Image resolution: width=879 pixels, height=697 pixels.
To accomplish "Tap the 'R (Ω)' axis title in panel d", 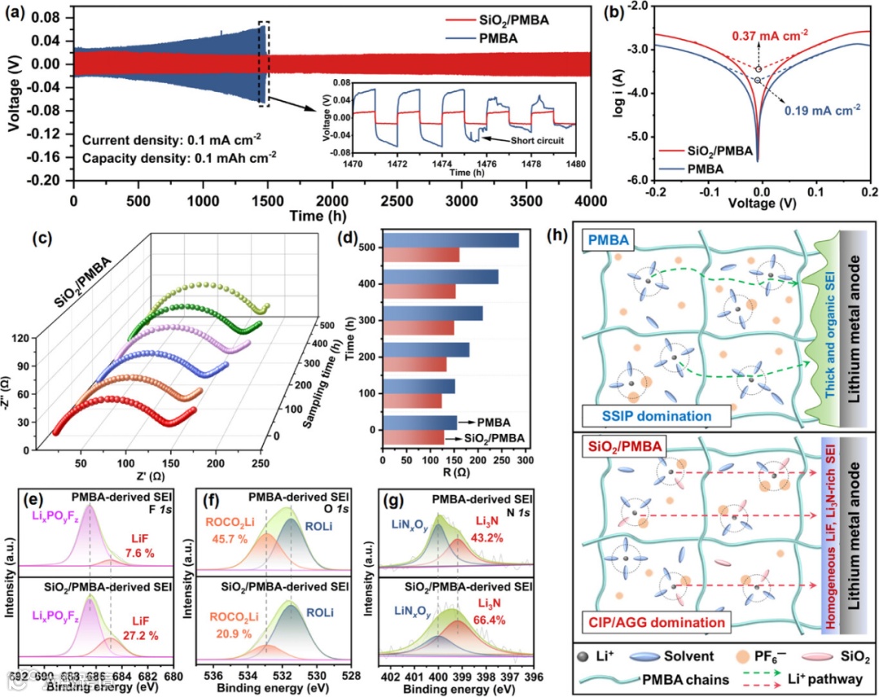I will (452, 471).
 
